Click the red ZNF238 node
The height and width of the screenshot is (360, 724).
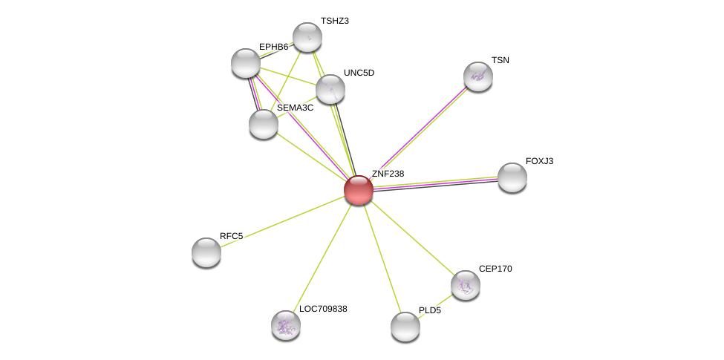[x=359, y=190]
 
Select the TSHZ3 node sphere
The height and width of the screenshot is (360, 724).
[x=307, y=37]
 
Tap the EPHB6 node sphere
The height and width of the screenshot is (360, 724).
[x=246, y=63]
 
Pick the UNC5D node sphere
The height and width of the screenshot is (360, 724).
[x=330, y=88]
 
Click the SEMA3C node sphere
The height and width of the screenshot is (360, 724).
[x=264, y=124]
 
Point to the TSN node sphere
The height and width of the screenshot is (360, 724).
[x=478, y=76]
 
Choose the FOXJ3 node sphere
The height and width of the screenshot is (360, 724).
[x=512, y=177]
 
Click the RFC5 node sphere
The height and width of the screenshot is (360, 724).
[x=206, y=252]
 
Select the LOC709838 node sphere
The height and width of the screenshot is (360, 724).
[x=287, y=325]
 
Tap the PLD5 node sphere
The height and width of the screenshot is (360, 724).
[x=405, y=327]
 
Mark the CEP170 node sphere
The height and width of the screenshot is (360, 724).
[x=466, y=285]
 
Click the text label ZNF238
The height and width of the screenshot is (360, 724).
[x=388, y=174]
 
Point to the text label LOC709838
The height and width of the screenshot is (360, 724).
[x=323, y=309]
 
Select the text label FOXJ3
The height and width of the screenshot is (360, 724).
[x=539, y=161]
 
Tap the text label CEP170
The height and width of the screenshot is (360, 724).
[x=495, y=269]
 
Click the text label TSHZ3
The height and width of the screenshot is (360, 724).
[x=335, y=21]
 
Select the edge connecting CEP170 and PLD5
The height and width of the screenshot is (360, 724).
[x=435, y=306]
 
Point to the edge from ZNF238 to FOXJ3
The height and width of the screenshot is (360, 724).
[x=435, y=183]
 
